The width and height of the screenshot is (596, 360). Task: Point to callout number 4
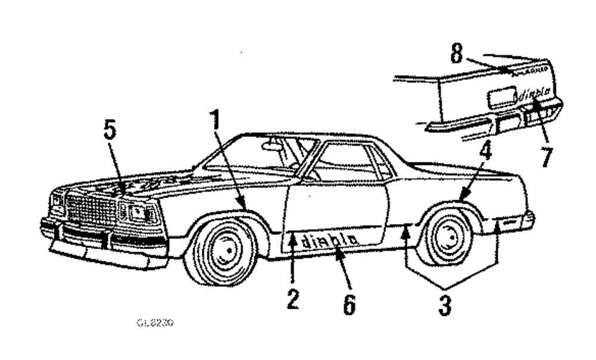(x=486, y=151)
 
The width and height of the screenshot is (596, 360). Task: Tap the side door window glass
(x=344, y=162)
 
